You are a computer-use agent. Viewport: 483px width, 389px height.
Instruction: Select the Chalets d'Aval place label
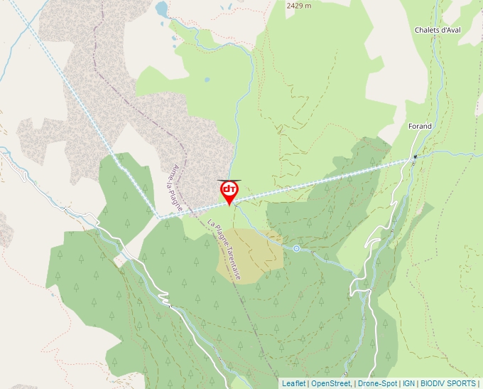point(438,30)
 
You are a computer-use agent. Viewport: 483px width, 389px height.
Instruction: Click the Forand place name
point(420,127)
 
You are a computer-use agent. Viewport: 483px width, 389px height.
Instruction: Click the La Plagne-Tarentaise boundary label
point(224,249)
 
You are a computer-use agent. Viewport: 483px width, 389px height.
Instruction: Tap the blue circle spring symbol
point(296,248)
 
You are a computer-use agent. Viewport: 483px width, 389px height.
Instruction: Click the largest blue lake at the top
point(162,9)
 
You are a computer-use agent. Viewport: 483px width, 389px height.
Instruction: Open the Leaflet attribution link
point(293,383)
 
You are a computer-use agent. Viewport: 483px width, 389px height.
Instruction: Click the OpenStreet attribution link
point(331,383)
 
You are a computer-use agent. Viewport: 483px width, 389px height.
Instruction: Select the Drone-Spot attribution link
point(377,383)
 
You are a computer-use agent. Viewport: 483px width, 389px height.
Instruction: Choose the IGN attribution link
point(408,383)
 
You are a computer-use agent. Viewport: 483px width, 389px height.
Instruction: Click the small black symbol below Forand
point(415,156)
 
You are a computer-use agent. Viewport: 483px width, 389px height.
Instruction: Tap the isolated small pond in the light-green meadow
point(207,80)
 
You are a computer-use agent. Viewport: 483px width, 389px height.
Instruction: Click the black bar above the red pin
point(229,181)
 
